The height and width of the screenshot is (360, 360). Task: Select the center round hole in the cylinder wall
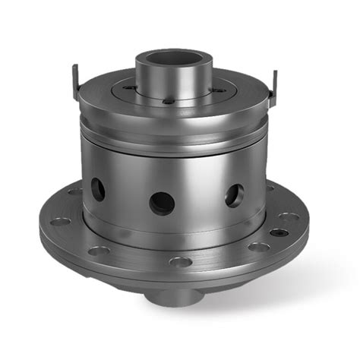point(162,201)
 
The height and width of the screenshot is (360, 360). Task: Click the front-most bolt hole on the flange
point(181,261)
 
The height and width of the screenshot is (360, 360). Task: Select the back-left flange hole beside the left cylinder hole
point(74,191)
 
